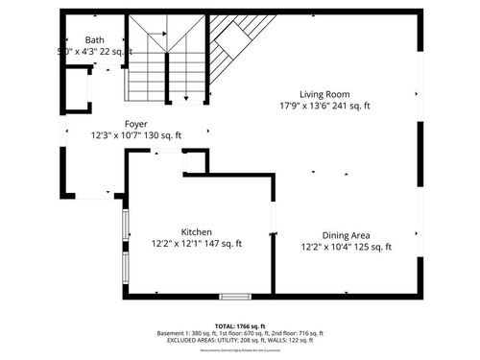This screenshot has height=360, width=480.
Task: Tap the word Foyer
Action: coord(135,124)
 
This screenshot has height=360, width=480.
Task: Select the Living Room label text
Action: coord(324,93)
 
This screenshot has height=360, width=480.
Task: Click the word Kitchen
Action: coord(197,231)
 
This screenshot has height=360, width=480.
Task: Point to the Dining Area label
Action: coord(347,235)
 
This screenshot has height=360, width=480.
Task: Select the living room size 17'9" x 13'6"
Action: coord(305,106)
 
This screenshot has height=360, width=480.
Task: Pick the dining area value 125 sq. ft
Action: coord(369,248)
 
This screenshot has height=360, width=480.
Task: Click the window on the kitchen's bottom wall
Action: coord(235,295)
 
